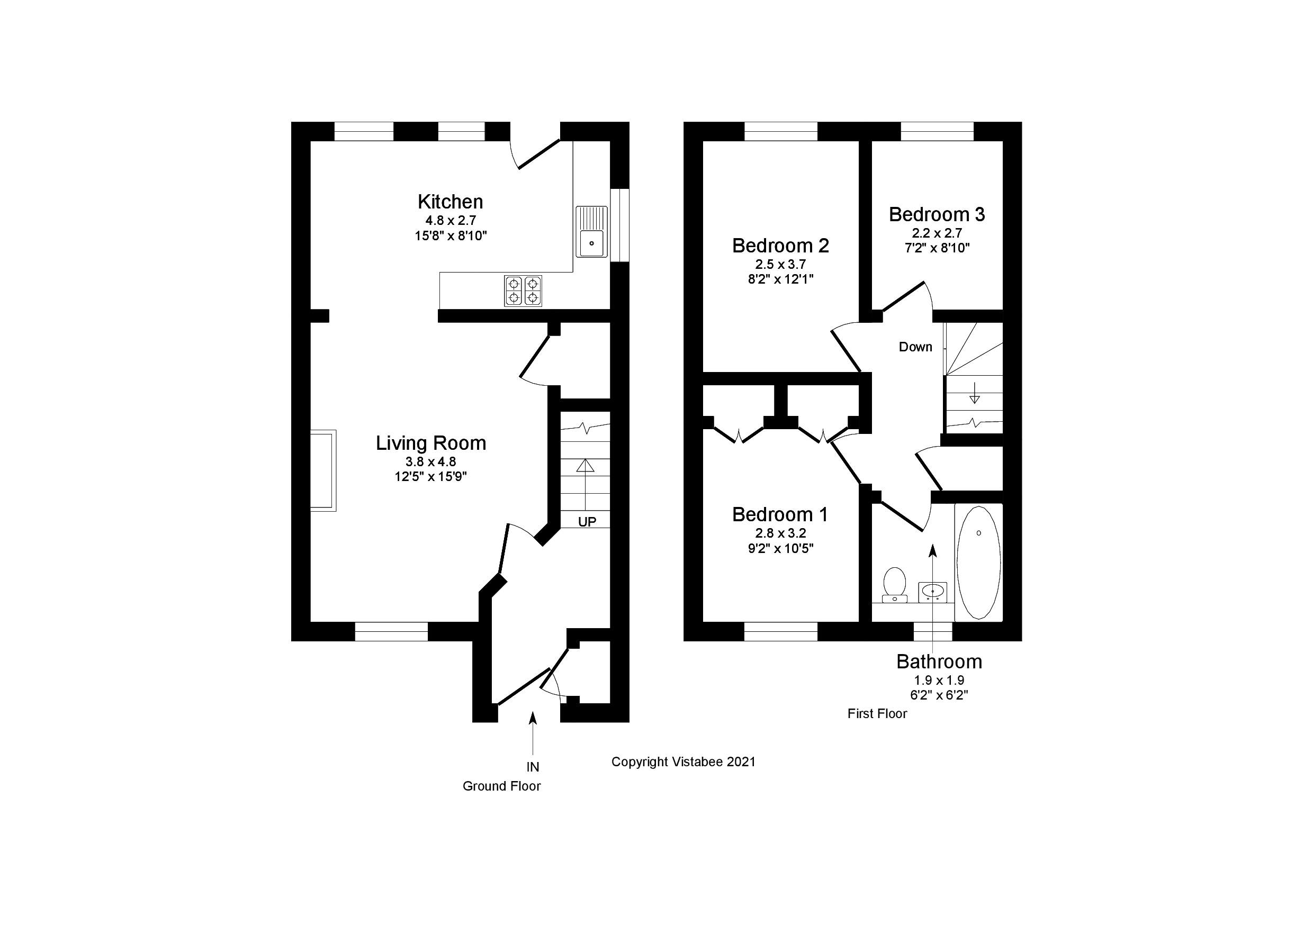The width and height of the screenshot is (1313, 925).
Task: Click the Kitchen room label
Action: click(450, 202)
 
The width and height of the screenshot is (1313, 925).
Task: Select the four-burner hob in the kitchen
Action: click(523, 291)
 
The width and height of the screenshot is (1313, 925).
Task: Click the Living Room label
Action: click(430, 443)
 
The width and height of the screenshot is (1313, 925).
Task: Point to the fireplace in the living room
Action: click(323, 470)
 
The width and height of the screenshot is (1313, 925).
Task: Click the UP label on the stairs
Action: click(587, 521)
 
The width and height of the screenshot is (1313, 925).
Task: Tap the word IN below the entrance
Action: click(533, 767)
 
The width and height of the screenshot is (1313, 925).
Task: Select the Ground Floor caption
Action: click(501, 786)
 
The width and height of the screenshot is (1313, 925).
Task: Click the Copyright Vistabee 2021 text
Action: click(683, 761)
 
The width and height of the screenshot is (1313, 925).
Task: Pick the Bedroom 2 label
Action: click(780, 246)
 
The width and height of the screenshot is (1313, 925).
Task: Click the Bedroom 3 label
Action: click(936, 214)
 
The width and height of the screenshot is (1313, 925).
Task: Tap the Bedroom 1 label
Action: click(779, 514)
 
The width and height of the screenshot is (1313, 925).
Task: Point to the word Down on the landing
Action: click(915, 347)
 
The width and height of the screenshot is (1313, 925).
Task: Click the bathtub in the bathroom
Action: click(978, 562)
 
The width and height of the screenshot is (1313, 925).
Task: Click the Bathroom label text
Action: click(939, 661)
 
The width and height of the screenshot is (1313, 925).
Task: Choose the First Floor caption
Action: click(877, 713)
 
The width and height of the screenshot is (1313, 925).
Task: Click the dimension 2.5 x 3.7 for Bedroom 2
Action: click(780, 264)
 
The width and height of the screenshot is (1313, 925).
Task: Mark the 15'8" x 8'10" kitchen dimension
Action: click(450, 235)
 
